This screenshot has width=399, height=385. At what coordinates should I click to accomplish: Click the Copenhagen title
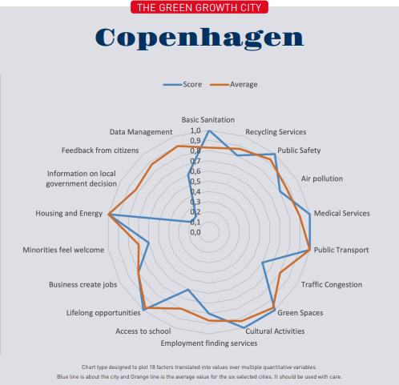(199, 38)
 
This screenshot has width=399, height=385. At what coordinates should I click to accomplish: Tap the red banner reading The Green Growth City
(199, 8)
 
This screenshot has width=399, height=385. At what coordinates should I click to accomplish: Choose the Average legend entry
(238, 84)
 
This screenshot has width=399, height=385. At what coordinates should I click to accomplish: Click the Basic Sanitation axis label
(208, 118)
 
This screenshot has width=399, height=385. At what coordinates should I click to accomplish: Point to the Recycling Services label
(276, 132)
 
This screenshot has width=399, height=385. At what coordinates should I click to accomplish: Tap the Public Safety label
(299, 150)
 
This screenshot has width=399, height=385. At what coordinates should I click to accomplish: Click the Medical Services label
(342, 214)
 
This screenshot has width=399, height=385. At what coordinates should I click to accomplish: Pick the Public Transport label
(341, 250)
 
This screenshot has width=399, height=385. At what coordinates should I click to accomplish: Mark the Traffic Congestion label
(332, 284)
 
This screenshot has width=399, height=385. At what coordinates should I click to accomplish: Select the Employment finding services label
(209, 343)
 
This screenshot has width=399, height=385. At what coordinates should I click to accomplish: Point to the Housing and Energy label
(69, 214)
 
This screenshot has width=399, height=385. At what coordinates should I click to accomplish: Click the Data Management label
(141, 131)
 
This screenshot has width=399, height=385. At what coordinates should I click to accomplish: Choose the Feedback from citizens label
(100, 150)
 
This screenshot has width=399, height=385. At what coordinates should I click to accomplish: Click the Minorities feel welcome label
(63, 250)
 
